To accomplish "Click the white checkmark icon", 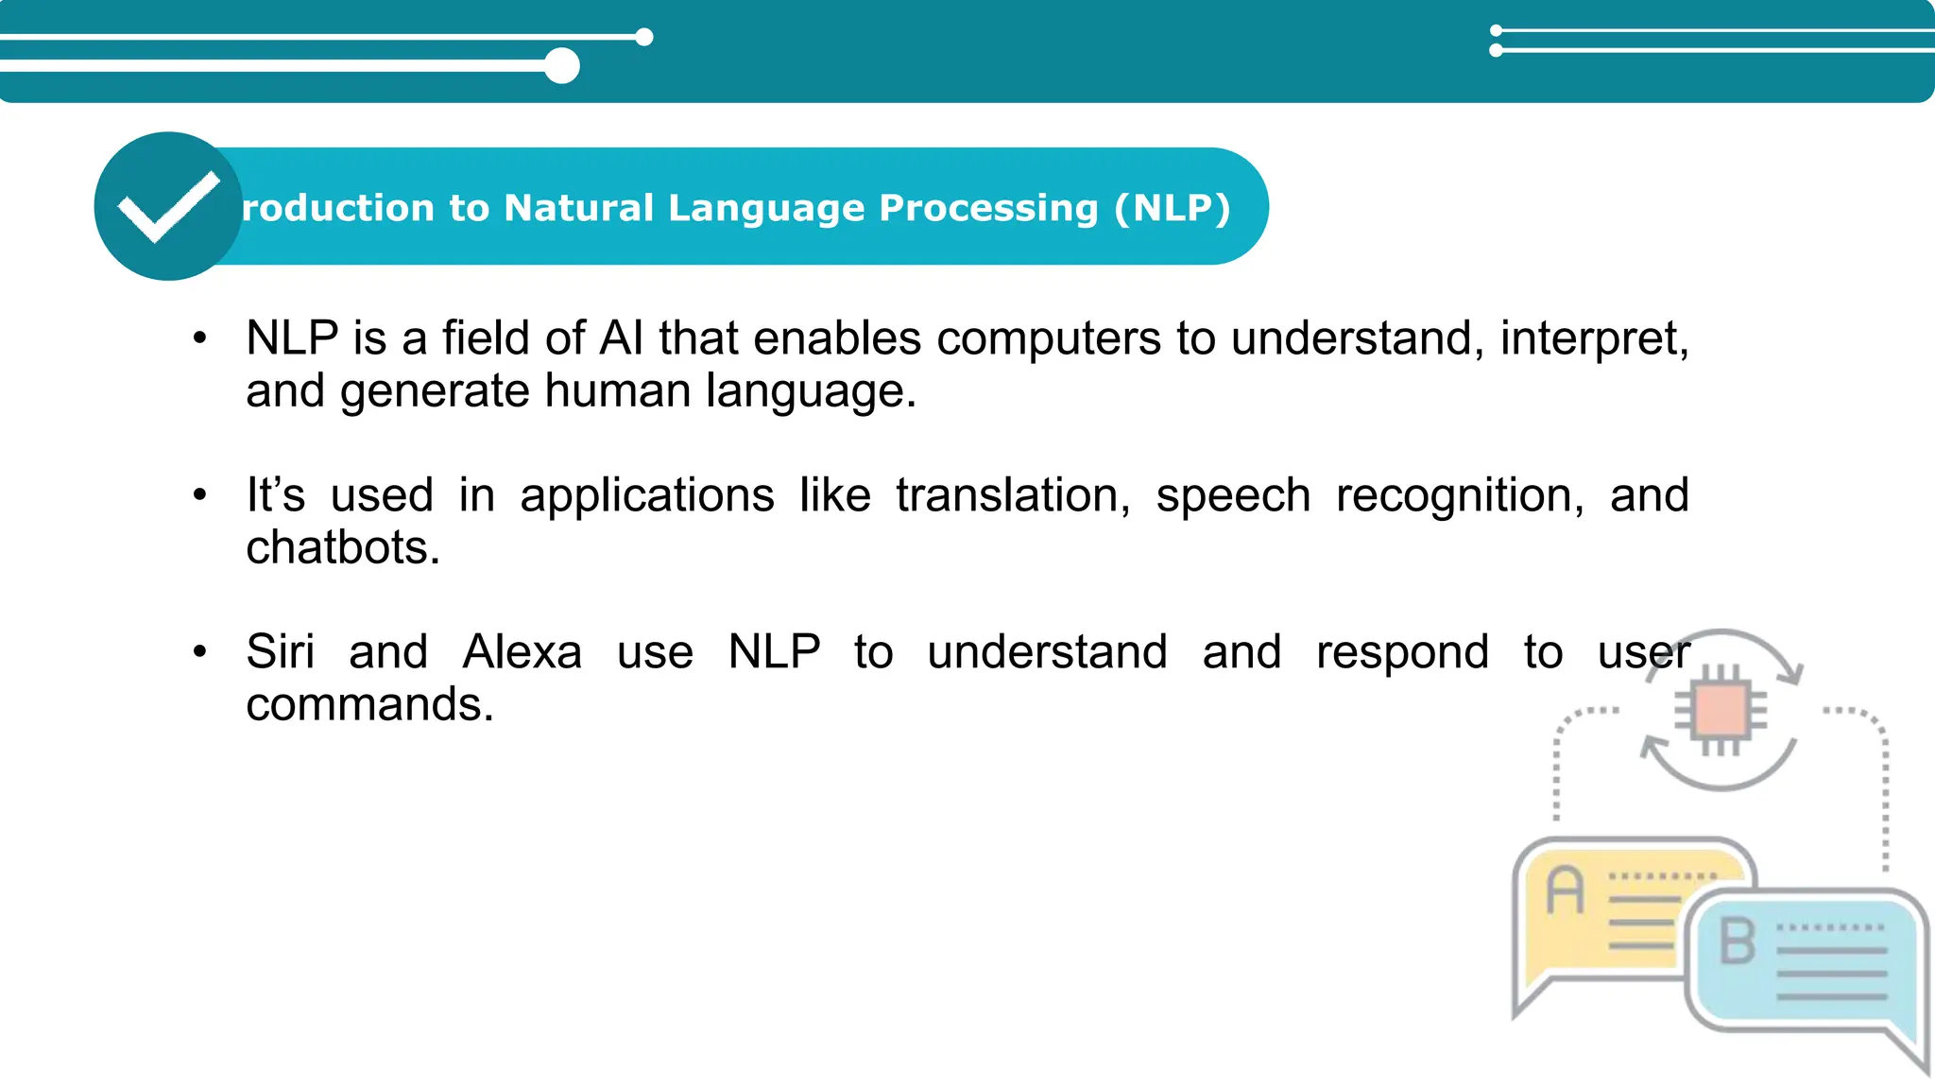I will point(168,206).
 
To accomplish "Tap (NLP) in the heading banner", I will point(1172,208).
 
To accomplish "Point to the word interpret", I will point(1593,338).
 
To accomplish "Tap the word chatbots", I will point(342,548).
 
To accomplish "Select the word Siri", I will point(280,652).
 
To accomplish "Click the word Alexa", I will point(522,652).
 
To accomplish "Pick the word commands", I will point(368,705).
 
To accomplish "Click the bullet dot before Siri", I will point(199,651).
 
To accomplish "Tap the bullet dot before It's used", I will point(199,494).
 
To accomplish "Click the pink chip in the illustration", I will point(1720,711).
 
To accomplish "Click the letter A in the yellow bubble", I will point(1565,890).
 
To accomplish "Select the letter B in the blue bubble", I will point(1737,942).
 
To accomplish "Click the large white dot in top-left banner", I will point(562,66).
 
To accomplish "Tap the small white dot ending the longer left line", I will point(644,37).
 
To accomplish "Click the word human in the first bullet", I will point(617,391).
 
